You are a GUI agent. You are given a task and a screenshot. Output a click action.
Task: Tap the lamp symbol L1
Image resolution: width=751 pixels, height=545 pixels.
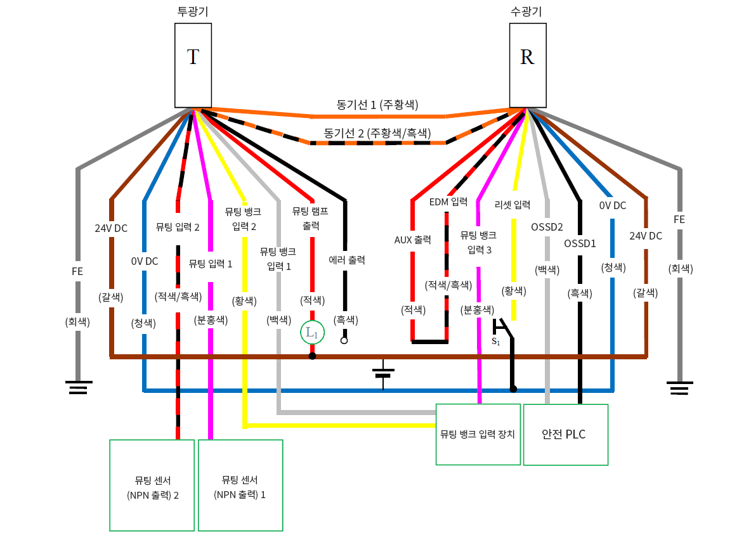(x=312, y=332)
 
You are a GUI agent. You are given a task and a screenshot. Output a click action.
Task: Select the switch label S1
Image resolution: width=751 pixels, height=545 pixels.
(x=496, y=342)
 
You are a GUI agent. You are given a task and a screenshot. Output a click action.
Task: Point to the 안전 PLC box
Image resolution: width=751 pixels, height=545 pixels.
(x=565, y=435)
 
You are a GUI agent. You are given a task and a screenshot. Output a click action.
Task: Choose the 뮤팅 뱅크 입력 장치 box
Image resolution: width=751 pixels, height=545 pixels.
(x=478, y=434)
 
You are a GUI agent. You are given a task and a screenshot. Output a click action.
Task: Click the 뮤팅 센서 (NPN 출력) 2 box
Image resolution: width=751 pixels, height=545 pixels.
(x=152, y=485)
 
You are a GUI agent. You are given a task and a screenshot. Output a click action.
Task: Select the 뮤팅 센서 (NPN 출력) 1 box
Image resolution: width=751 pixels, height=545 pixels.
(x=240, y=485)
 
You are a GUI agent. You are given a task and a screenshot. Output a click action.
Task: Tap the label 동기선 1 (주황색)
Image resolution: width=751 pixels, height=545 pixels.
(x=377, y=105)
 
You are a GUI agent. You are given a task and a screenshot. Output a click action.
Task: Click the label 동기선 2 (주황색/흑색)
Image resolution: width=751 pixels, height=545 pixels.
(x=377, y=133)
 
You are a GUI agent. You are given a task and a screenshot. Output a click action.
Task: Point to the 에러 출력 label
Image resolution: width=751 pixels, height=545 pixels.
(x=347, y=259)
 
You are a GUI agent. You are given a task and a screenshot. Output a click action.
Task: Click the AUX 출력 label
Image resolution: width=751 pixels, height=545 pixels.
(x=412, y=240)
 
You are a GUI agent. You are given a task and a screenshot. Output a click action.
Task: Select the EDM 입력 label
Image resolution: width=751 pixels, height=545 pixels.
(x=448, y=202)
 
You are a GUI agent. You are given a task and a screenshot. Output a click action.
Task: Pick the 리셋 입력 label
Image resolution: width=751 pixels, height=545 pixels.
(x=512, y=205)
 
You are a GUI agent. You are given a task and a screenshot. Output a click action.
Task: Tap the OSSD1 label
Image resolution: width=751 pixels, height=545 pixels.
(x=579, y=243)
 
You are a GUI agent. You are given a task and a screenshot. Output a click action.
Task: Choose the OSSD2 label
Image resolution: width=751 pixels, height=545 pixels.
(x=547, y=226)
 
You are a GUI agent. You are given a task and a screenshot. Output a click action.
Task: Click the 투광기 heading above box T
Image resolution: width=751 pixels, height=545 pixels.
(x=193, y=11)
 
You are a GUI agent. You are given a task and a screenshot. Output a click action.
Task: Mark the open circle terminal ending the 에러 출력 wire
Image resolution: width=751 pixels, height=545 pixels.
(x=344, y=340)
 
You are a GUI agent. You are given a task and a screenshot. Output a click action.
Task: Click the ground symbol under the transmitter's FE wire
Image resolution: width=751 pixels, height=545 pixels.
(x=78, y=387)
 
